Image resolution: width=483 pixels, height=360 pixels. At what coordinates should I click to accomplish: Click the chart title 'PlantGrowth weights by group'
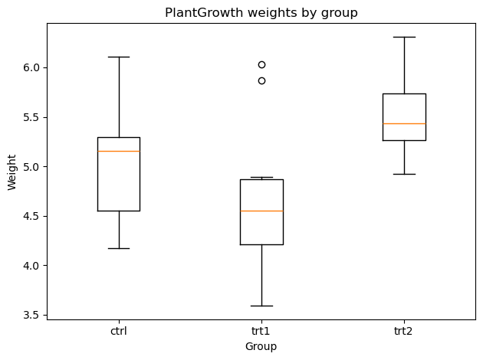click(x=261, y=13)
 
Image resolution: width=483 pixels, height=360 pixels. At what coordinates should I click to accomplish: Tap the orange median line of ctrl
click(x=119, y=151)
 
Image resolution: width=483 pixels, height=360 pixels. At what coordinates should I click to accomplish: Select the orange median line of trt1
click(x=261, y=211)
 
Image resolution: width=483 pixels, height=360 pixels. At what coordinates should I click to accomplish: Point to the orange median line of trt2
click(x=404, y=123)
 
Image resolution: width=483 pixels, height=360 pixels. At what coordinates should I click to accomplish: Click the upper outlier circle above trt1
click(x=261, y=64)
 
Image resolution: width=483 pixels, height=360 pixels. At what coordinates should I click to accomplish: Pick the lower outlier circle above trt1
click(x=261, y=81)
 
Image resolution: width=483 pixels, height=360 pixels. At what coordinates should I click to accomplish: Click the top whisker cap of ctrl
click(x=119, y=57)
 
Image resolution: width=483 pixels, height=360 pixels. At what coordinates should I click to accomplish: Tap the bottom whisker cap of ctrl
click(x=119, y=248)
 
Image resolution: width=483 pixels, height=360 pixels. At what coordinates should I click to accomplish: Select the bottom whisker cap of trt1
click(x=261, y=306)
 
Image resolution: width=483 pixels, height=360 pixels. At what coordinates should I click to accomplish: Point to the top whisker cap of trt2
click(x=404, y=37)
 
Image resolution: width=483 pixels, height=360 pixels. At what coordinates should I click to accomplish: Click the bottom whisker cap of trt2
click(x=404, y=174)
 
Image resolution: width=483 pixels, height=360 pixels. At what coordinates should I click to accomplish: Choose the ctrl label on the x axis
click(x=119, y=331)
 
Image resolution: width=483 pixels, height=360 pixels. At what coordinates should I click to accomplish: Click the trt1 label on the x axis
click(x=261, y=331)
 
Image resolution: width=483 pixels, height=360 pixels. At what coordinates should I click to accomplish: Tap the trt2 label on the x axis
click(x=403, y=331)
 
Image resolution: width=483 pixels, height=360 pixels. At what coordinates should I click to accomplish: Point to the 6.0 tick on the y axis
click(x=31, y=67)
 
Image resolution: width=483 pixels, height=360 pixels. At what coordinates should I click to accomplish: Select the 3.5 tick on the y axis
click(x=31, y=315)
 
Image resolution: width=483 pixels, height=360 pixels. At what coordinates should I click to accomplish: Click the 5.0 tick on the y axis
click(x=31, y=167)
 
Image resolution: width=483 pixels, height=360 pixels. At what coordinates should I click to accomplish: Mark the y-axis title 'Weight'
click(x=11, y=172)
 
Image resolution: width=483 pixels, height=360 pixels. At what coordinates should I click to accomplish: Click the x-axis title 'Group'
click(x=261, y=347)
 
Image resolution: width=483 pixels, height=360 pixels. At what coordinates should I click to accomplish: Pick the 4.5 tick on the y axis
click(x=31, y=216)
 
